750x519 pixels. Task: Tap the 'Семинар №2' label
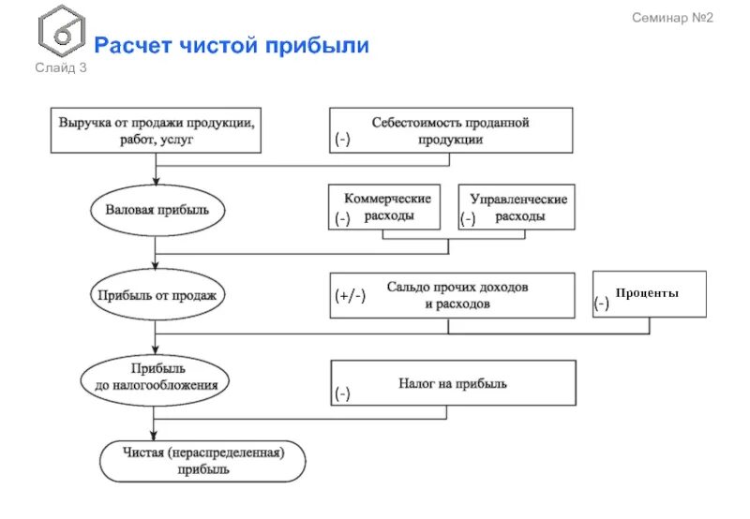tap(672, 18)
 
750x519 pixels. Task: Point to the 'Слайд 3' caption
tap(62, 67)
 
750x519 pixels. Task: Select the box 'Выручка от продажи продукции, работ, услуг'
tap(155, 130)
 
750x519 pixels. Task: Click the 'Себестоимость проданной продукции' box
tap(450, 130)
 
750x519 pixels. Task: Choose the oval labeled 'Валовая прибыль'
tap(156, 209)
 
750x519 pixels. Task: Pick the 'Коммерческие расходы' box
tap(386, 207)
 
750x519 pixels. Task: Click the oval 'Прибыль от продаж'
tap(156, 295)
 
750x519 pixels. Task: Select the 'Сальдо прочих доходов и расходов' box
tap(451, 295)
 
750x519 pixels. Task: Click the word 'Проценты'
tap(648, 293)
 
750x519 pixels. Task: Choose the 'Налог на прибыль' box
tap(452, 383)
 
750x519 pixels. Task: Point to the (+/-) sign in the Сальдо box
tap(351, 297)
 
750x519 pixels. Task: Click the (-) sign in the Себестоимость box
tap(342, 140)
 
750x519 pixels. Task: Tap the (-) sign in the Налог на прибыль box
tap(342, 394)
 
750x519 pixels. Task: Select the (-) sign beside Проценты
tap(601, 304)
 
